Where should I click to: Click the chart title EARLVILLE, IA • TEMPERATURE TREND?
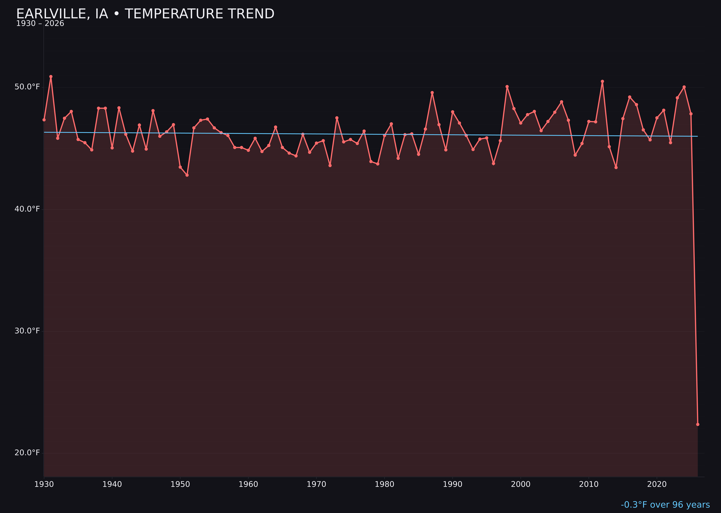coord(145,14)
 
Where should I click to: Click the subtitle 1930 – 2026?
coord(40,24)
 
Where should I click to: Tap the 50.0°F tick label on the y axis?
coord(27,87)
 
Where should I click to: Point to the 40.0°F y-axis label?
coord(27,209)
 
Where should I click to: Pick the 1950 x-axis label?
coord(180,484)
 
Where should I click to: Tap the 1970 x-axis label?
coord(316,484)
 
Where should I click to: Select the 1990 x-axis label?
coord(452,484)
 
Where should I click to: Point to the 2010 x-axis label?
coord(589,484)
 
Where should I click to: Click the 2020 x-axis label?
coord(657,484)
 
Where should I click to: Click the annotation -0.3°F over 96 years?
coord(665,505)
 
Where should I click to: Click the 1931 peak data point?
coord(51,76)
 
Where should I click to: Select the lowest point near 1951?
coord(187,175)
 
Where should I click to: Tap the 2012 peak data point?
coord(602,81)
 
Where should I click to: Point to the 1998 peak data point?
coord(507,87)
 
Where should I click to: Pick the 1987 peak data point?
coord(432,93)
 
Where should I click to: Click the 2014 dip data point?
coord(616,167)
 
